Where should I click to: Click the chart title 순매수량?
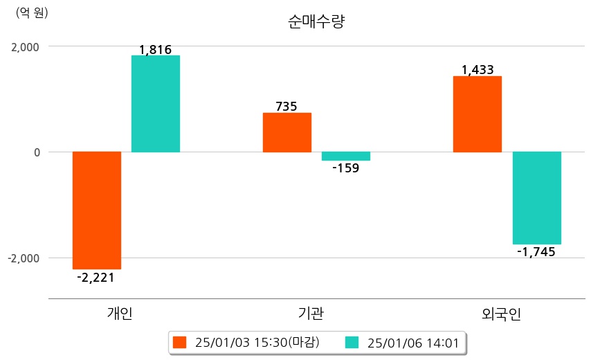tap(316, 21)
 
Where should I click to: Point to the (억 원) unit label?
tap(32, 13)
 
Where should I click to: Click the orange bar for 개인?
tap(97, 210)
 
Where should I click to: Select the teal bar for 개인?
tap(156, 104)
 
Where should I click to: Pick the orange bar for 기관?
tap(287, 132)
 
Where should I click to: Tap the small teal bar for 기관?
tap(346, 156)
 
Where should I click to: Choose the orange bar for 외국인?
tap(478, 114)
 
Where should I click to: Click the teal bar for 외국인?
tap(536, 198)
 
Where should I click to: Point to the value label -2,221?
tap(96, 278)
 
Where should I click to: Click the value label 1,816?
tap(155, 50)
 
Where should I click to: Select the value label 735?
tap(287, 107)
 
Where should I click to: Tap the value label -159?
tap(345, 168)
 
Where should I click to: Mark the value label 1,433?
tap(478, 70)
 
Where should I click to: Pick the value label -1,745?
tap(536, 252)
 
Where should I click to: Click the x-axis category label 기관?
tap(308, 314)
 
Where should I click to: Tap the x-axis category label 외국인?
tap(502, 314)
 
